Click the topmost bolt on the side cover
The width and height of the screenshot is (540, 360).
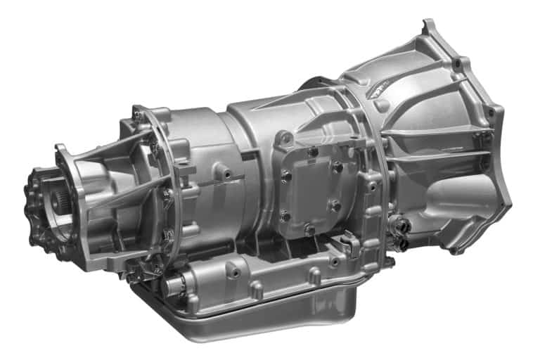click(x=311, y=151)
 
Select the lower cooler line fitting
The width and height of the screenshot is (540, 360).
click(x=403, y=243)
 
